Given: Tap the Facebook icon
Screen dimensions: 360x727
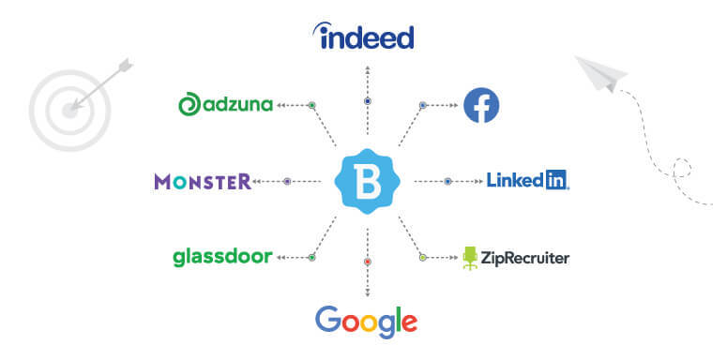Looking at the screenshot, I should [x=481, y=105].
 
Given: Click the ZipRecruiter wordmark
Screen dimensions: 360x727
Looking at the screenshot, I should [x=525, y=257].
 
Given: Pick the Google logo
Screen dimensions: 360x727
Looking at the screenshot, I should [x=366, y=322].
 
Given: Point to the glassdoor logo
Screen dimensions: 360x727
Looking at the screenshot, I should [x=222, y=256].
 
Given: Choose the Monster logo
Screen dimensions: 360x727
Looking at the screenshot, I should [x=204, y=181].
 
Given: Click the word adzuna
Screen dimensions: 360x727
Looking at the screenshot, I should [x=237, y=105].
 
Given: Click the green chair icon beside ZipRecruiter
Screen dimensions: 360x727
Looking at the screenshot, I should [x=470, y=258].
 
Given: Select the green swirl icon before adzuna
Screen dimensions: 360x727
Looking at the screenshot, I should [x=189, y=105].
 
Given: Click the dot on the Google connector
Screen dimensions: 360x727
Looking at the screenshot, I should [x=368, y=262].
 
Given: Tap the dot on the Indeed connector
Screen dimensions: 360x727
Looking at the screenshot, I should [x=368, y=100].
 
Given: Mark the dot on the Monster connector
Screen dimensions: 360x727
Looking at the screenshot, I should [x=287, y=181].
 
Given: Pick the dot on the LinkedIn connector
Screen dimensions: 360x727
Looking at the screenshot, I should [x=448, y=181].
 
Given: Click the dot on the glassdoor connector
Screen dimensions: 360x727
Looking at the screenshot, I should [x=312, y=256].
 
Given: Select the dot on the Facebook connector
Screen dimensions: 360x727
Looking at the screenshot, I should [x=423, y=105].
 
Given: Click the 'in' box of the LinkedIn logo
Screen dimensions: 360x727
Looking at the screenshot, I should [x=557, y=180].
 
